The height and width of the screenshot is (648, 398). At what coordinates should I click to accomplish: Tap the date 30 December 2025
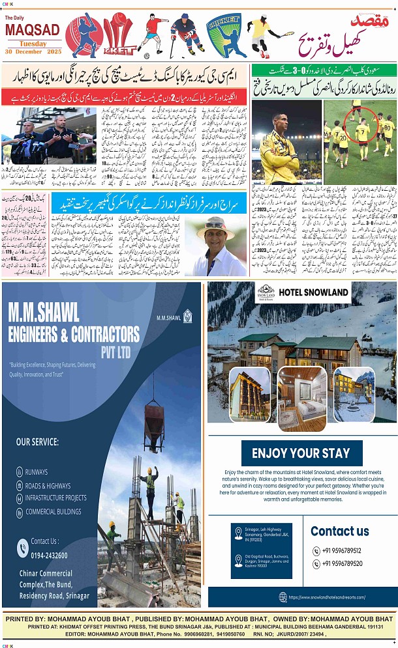[x=32, y=51]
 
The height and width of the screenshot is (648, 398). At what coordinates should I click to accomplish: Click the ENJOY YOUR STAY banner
[x=301, y=453]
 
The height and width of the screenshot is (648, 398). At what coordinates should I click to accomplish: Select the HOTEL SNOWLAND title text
[x=313, y=292]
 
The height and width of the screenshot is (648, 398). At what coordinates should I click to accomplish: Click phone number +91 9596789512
[x=343, y=550]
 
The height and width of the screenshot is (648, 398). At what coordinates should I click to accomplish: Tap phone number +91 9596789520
[x=343, y=563]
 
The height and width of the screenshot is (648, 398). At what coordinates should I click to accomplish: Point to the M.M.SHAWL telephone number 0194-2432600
[x=50, y=554]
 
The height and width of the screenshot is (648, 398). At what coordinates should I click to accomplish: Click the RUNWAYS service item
[x=37, y=472]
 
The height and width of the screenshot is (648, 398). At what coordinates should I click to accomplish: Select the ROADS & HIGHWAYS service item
[x=48, y=485]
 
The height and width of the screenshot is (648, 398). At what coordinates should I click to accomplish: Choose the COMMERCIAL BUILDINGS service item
[x=54, y=511]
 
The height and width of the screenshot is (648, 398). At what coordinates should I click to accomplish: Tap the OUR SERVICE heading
[x=37, y=442]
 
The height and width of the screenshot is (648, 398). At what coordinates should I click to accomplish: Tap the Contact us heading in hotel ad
[x=339, y=531]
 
